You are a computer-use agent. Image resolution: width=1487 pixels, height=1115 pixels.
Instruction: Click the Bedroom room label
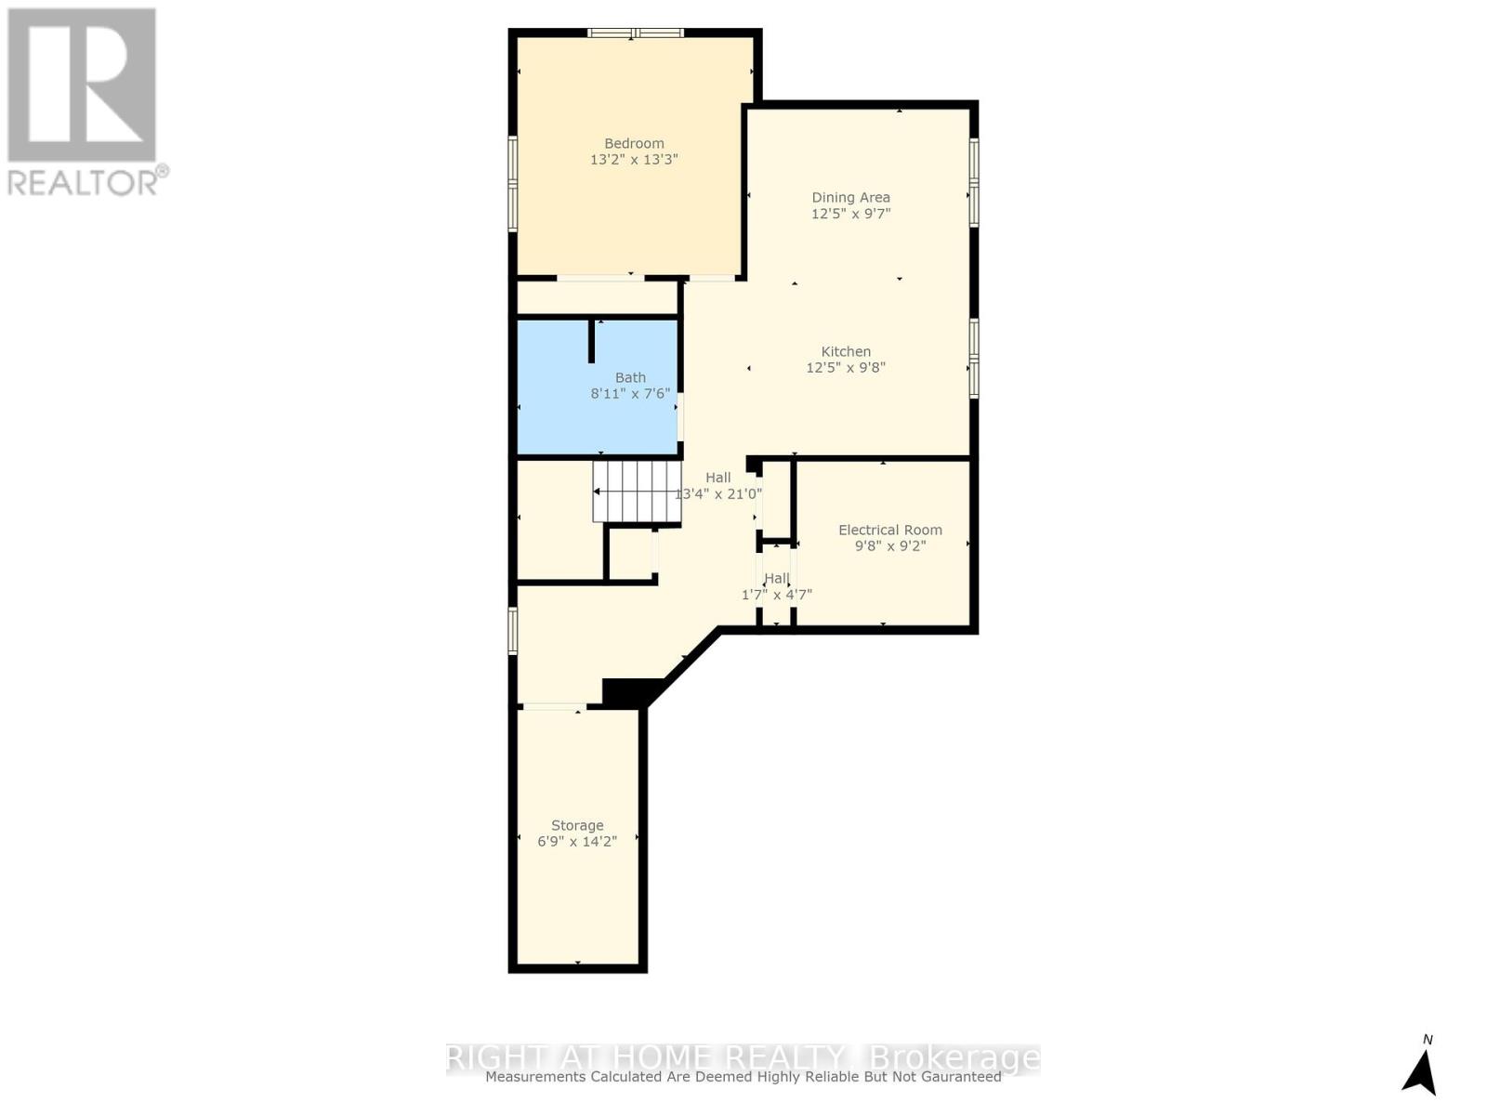click(634, 143)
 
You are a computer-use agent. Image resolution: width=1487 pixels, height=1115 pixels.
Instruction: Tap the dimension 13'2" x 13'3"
click(634, 160)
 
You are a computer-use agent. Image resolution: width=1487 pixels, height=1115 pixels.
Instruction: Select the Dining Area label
click(850, 197)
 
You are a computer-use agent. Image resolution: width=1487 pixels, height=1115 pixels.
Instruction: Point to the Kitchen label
click(846, 351)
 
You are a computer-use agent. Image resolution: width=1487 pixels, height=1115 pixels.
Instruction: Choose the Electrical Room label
click(889, 530)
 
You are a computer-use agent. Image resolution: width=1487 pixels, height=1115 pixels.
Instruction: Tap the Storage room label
click(577, 825)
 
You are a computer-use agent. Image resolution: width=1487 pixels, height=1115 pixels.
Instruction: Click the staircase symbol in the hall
click(637, 492)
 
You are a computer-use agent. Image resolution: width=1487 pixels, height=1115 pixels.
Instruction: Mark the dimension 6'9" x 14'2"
click(577, 842)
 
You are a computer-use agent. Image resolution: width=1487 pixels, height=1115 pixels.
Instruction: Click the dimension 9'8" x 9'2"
click(889, 546)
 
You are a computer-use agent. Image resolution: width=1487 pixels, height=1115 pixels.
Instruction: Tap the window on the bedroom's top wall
click(636, 33)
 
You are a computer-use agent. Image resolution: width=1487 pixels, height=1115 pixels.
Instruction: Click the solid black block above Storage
click(628, 693)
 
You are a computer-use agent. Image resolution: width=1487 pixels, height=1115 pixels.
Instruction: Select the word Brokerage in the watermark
click(952, 1057)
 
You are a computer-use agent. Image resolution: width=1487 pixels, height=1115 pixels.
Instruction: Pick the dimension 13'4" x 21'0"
click(717, 494)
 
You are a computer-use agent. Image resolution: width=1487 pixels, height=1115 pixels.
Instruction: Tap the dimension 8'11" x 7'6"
click(630, 394)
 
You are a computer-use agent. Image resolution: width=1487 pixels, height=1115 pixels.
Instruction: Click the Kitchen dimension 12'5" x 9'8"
click(846, 368)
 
